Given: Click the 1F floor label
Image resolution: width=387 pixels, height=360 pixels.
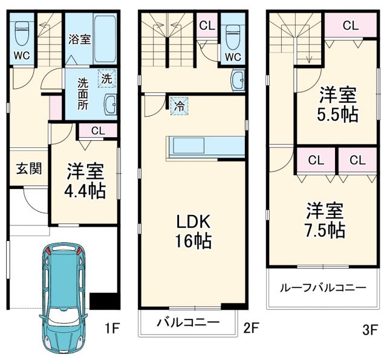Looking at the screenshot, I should pos(112,329).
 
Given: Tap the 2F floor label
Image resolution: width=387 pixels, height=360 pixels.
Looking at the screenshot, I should pos(251,329).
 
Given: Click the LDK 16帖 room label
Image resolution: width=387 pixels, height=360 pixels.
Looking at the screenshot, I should pos(193,231).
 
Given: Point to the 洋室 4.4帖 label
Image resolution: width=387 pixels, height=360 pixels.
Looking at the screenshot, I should pos(86,181).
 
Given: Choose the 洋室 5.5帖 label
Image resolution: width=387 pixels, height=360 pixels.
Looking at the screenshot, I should pos(337,104).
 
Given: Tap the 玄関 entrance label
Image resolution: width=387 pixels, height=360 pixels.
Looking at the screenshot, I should pos(29,168).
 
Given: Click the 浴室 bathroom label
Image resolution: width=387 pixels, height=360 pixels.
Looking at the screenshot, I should pos(80,40).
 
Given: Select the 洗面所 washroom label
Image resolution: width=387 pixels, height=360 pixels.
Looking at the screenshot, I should pos(82,93).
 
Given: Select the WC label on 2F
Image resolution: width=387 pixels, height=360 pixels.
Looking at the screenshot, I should pos(233,56).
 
